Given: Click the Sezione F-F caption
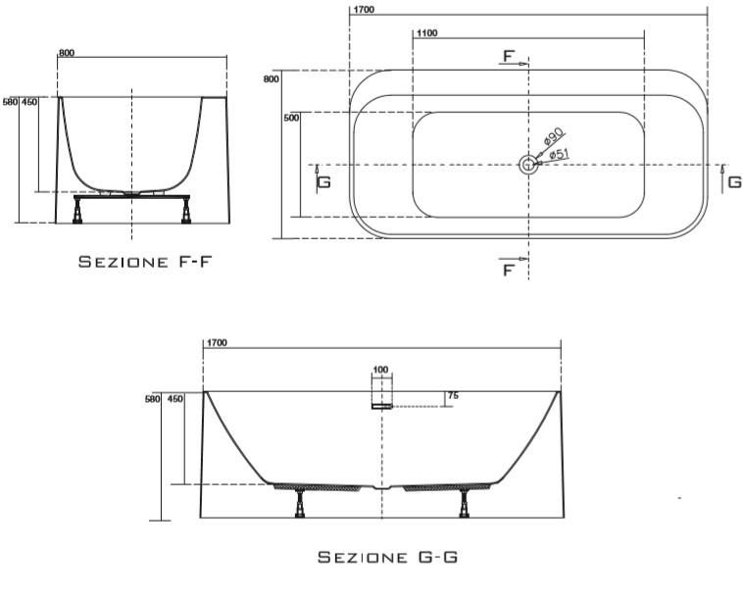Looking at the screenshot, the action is click(x=144, y=262).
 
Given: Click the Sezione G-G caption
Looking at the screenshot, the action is click(x=387, y=557).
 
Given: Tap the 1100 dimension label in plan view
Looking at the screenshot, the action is click(x=427, y=33).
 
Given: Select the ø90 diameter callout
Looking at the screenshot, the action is click(x=553, y=135).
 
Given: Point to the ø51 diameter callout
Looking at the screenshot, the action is click(x=560, y=154).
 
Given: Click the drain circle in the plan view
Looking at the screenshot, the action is click(x=527, y=165).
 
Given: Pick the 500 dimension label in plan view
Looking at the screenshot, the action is click(x=291, y=118).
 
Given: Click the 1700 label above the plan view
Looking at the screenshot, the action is click(x=364, y=10).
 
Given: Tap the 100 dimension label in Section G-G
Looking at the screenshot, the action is click(x=380, y=370).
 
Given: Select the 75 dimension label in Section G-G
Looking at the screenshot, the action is click(x=453, y=395).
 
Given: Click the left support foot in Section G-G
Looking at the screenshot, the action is click(x=300, y=503).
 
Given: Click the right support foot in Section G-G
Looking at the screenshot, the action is click(x=464, y=503).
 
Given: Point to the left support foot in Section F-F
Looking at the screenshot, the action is click(x=77, y=211).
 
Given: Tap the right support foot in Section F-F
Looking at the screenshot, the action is click(x=186, y=211).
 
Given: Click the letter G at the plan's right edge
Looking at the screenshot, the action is click(x=734, y=182).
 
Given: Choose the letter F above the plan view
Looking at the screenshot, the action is click(x=508, y=57).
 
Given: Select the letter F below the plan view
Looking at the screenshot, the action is click(x=508, y=271).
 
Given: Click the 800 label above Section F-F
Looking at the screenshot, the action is click(x=67, y=53).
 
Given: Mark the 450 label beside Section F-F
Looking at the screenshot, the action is click(x=29, y=102).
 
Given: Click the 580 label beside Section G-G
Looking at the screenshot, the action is click(x=153, y=400).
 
